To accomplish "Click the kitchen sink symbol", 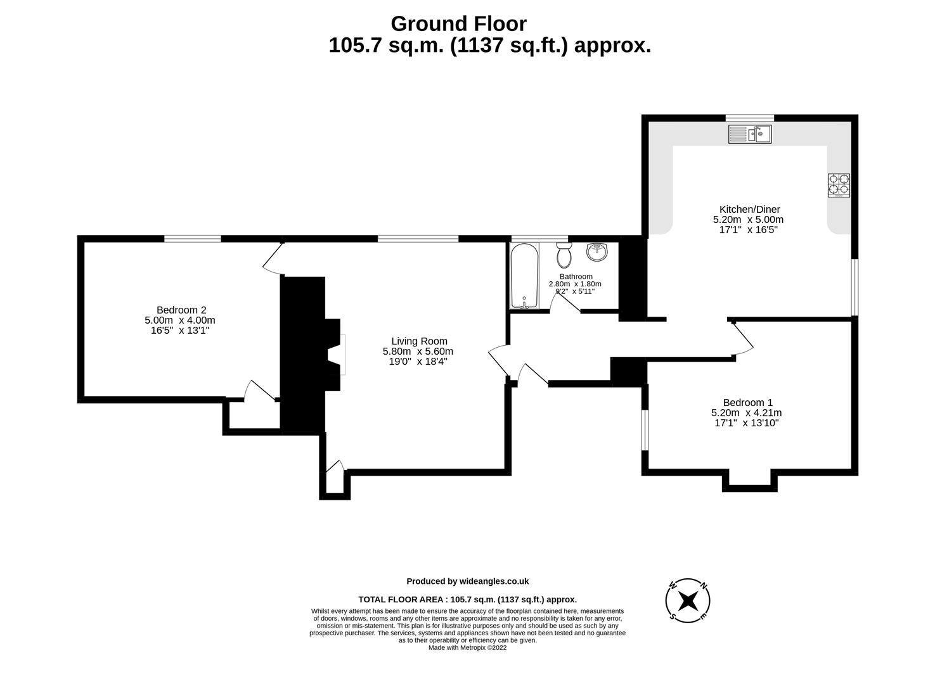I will click(749, 134).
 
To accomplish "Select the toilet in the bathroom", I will click(563, 255).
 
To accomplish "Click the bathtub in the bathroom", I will click(524, 276).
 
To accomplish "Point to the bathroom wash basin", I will click(596, 252).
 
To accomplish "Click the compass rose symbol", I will click(688, 599).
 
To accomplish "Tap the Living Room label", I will click(419, 341).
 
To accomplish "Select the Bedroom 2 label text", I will click(181, 310).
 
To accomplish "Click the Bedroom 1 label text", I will click(747, 402).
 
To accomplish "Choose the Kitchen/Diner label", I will click(749, 209).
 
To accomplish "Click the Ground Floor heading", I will click(458, 23).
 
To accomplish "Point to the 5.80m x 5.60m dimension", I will click(418, 351).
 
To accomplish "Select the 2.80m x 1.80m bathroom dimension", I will click(575, 284).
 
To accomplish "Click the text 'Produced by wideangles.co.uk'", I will click(467, 581).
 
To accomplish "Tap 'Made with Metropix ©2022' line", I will click(467, 648).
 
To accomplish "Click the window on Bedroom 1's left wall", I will click(645, 430).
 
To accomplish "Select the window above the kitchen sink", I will click(749, 118).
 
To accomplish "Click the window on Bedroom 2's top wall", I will click(193, 239).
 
